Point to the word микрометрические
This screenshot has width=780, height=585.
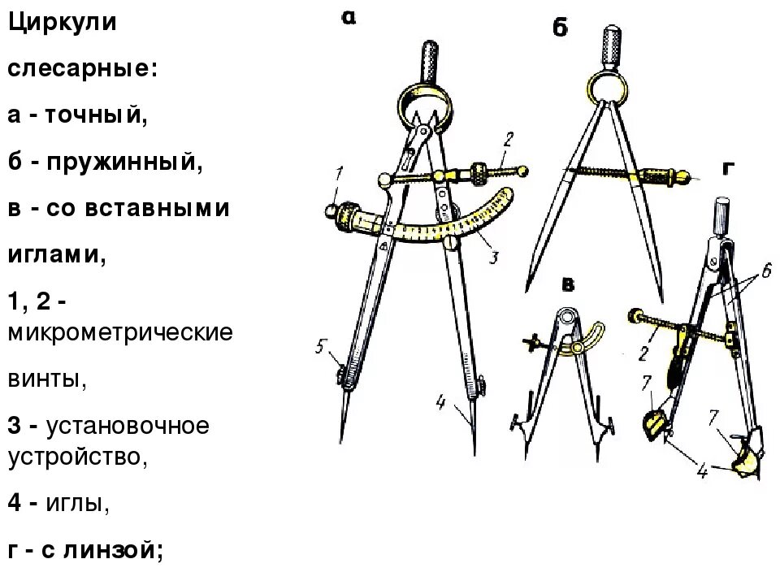[120, 334]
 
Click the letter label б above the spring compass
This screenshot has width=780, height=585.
[560, 29]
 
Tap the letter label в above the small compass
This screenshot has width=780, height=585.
[569, 284]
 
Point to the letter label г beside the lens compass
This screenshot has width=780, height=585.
[728, 168]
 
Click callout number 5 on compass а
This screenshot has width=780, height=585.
[321, 348]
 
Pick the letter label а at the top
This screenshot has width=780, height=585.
[349, 19]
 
